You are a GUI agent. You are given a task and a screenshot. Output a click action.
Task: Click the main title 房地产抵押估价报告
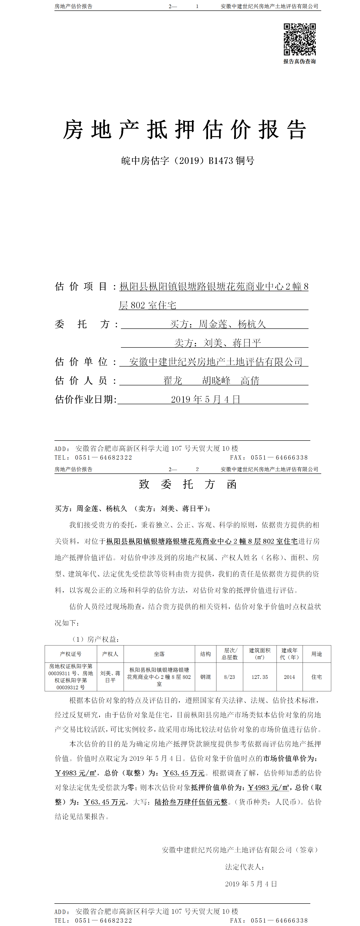tap(185, 130)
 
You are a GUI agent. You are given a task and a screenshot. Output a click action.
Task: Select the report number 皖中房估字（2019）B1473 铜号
tap(188, 161)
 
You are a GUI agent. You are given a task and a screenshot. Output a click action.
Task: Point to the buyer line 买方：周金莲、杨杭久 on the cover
tap(218, 324)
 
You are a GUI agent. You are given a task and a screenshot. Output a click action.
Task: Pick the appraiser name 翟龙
tap(173, 381)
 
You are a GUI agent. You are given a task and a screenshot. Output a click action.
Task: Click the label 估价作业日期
tap(86, 399)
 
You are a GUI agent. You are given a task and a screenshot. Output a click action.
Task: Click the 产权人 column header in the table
tap(110, 654)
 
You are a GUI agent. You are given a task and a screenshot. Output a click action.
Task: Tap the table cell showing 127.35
tap(260, 677)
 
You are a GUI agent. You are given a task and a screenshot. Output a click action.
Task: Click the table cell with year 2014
tap(289, 677)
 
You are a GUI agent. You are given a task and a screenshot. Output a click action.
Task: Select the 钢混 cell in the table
tap(206, 677)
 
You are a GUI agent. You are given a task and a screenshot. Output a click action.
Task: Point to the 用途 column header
tap(316, 654)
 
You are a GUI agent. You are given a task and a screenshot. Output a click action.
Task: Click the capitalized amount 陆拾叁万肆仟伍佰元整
tap(191, 802)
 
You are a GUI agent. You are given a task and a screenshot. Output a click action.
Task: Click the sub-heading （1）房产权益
tap(95, 639)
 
